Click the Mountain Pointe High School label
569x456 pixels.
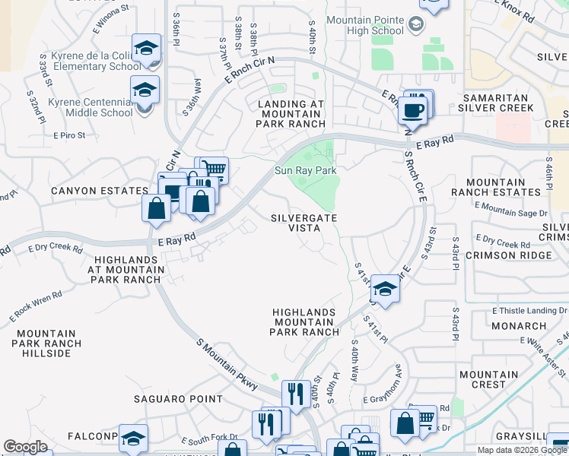(365, 25)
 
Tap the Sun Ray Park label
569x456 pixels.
(306, 171)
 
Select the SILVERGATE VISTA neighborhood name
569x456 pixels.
(304, 223)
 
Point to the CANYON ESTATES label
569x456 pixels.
(100, 191)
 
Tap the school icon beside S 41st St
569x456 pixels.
(386, 290)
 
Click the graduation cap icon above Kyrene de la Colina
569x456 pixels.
(146, 49)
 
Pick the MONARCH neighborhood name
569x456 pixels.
(519, 326)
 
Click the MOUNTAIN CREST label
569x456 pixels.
(488, 379)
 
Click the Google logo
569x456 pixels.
(26, 447)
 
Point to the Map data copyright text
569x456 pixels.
(522, 450)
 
